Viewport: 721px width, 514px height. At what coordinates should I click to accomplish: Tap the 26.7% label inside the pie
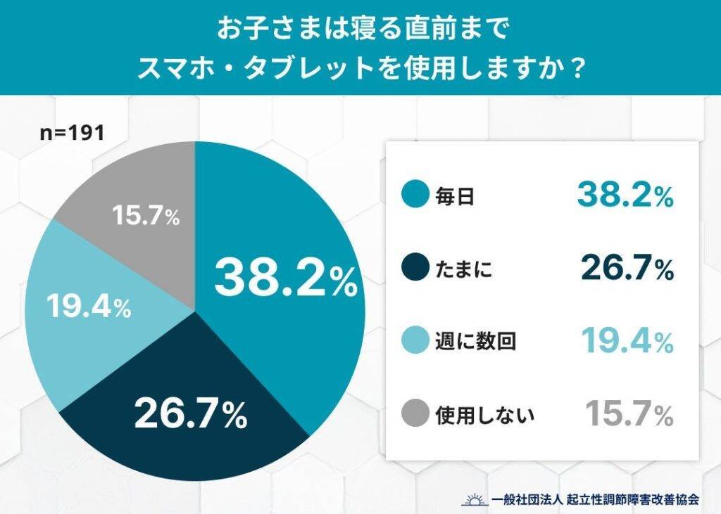tap(191, 414)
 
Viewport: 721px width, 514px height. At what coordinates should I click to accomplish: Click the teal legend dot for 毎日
tap(415, 196)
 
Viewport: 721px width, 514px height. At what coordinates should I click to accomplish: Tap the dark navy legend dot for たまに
tap(415, 269)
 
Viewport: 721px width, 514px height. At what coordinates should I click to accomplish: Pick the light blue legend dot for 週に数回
tap(415, 342)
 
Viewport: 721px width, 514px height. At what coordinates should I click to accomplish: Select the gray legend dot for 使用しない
tap(415, 414)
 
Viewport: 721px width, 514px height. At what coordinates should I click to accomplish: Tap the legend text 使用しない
tap(486, 415)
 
